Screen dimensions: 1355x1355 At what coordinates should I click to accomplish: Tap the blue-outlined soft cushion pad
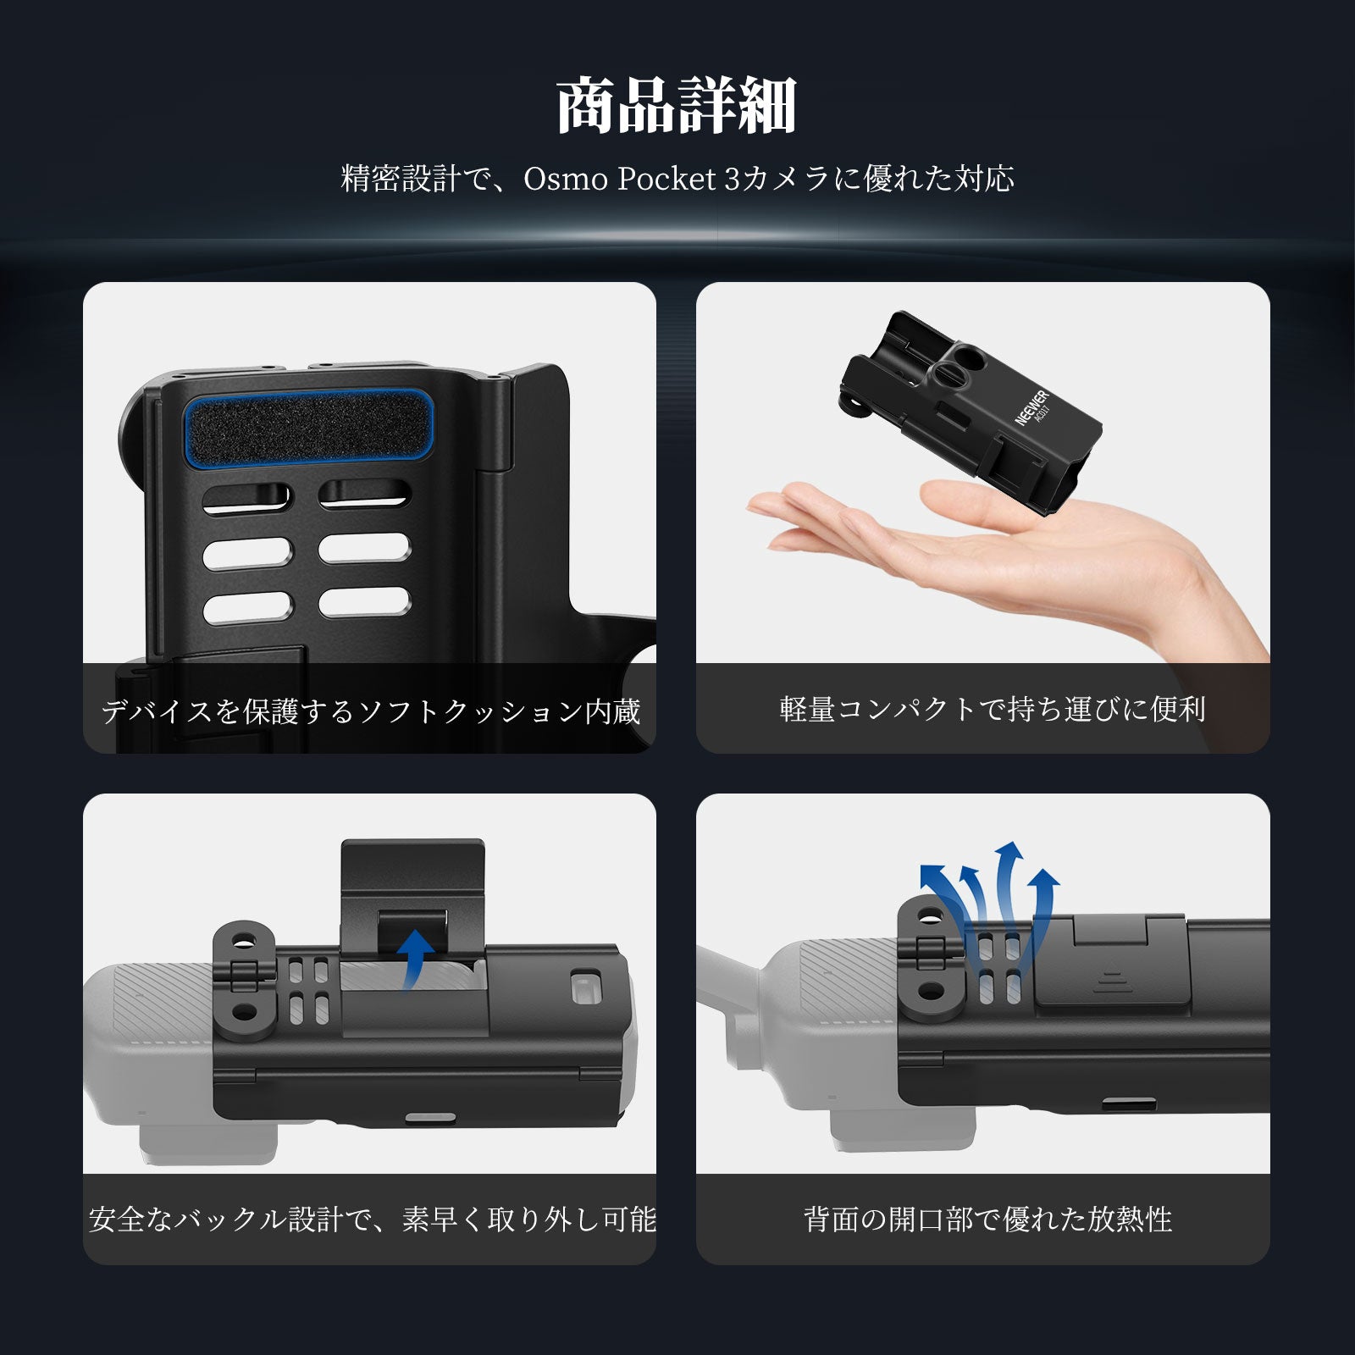point(307,427)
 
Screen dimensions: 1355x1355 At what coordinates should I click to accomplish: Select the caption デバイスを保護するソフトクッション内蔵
point(370,711)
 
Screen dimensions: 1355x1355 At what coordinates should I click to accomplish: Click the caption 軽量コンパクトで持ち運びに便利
point(992,709)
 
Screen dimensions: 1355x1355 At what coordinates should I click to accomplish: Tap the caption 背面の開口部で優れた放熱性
point(987,1219)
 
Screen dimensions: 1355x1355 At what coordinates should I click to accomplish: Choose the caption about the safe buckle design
point(372,1219)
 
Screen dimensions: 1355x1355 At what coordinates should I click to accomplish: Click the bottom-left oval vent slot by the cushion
point(247,607)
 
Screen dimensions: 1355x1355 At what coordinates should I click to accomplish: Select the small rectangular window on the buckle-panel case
point(583,987)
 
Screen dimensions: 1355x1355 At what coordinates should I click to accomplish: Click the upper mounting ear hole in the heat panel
point(931,916)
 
